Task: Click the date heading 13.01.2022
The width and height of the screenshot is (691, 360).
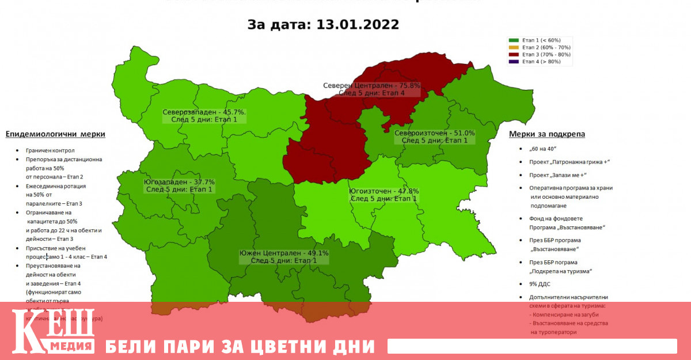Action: click(323, 25)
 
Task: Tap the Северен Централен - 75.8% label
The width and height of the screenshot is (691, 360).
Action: click(371, 85)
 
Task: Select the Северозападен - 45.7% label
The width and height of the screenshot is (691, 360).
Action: click(204, 112)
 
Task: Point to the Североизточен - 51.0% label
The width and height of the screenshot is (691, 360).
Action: click(434, 133)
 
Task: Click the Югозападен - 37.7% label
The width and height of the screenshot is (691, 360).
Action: click(179, 181)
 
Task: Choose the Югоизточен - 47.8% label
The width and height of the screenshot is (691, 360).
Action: click(384, 191)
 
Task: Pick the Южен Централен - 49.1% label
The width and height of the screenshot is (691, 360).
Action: click(284, 253)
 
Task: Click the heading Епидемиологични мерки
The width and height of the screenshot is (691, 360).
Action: click(55, 134)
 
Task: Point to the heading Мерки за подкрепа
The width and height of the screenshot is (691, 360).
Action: click(547, 134)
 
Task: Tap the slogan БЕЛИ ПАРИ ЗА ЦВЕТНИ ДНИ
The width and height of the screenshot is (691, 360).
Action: click(240, 347)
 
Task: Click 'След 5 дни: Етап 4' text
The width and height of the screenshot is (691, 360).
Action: click(371, 93)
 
